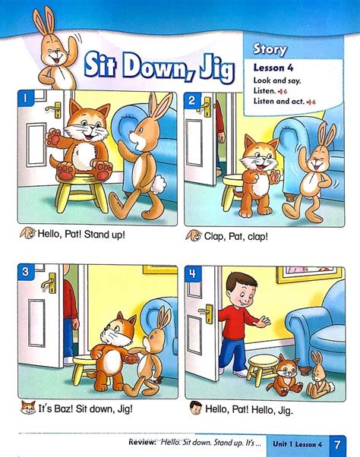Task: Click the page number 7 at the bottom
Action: point(334,441)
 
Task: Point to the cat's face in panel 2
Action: point(257,158)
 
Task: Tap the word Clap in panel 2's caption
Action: point(216,236)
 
